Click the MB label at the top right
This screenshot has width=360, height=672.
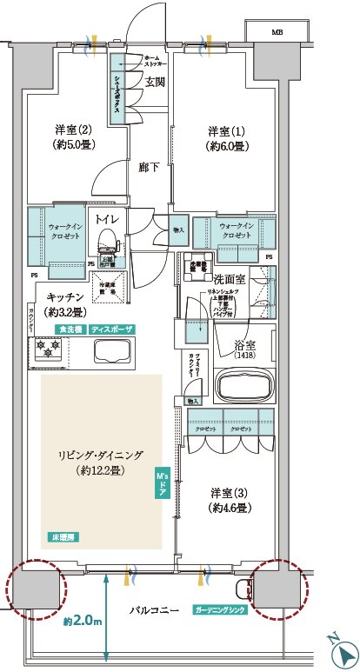tap(277, 32)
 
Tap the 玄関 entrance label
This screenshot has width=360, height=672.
tap(155, 83)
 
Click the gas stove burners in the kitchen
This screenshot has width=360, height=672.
tap(46, 349)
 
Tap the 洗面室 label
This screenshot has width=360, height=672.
tap(231, 279)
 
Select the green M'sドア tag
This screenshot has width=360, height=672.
tap(162, 482)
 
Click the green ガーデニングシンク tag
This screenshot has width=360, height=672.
tap(221, 610)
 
